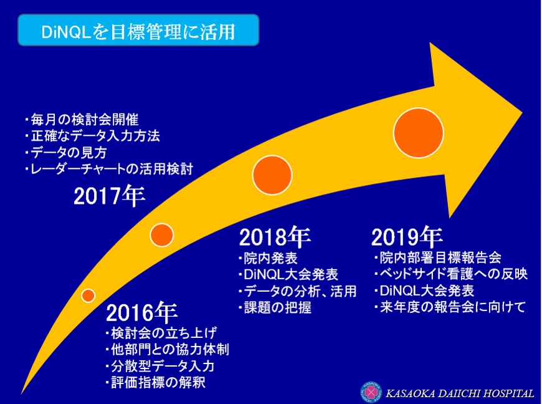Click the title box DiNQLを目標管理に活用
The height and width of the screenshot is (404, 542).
pos(138,30)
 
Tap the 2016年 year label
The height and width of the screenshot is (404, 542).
pos(141,313)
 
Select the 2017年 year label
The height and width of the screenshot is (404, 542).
pos(109,196)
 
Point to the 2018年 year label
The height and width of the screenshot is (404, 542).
pos(275,238)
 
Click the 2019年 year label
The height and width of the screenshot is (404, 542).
pos(407,236)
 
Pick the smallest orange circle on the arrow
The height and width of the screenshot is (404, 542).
pos(88,296)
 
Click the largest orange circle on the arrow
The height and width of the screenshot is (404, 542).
pos(418,133)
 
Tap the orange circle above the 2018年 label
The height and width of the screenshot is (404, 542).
pos(272,175)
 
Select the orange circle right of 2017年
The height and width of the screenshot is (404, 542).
pos(161,235)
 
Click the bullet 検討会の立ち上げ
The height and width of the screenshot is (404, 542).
pos(161,333)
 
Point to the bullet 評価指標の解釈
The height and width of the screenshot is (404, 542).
pos(156,383)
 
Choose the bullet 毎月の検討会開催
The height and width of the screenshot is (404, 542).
pos(82,120)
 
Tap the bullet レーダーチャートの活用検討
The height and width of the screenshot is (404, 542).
pos(109,169)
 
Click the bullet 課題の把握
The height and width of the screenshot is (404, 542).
pos(275,307)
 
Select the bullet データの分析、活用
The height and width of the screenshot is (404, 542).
pos(297,291)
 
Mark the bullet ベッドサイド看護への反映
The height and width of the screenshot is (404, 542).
pos(451,274)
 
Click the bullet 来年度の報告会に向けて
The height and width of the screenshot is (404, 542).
pos(450,307)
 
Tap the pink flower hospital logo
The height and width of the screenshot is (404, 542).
pos(371,393)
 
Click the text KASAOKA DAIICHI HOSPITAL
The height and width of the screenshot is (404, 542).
pos(460,393)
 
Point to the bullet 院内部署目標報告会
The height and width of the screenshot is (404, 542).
pos(437,257)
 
